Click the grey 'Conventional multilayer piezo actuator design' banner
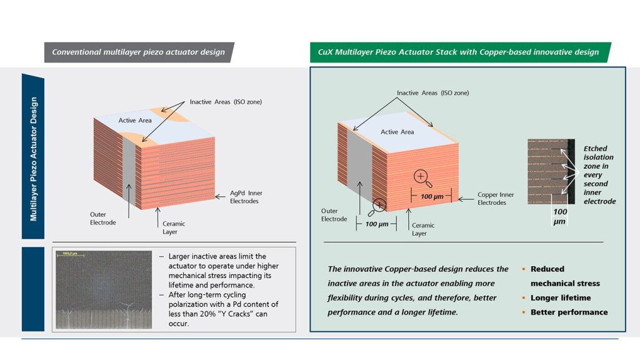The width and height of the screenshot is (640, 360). click(x=139, y=52)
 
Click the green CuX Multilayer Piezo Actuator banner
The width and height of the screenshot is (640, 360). click(x=461, y=52)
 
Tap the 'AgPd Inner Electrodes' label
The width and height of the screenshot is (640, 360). click(x=246, y=197)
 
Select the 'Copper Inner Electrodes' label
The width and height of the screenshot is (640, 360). click(x=496, y=198)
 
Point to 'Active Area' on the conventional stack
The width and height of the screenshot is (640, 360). click(x=135, y=121)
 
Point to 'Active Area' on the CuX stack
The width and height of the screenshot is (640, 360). click(x=397, y=132)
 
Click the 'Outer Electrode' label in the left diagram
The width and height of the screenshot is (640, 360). click(x=103, y=218)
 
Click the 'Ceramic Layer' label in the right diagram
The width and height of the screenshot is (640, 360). click(x=423, y=229)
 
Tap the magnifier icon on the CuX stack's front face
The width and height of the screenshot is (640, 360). click(x=422, y=178)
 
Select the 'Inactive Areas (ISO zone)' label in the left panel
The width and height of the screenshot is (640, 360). click(x=226, y=102)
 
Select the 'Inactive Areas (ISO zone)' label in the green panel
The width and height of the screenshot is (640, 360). click(x=432, y=92)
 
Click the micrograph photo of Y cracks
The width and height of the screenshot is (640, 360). click(x=104, y=290)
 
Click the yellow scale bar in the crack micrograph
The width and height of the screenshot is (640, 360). click(x=70, y=256)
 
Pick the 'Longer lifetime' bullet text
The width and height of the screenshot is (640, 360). click(x=561, y=297)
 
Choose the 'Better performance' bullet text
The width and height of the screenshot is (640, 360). click(x=569, y=312)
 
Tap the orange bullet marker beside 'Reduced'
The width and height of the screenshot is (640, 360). click(x=524, y=269)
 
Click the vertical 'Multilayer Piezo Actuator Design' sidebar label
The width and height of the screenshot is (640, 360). click(x=34, y=159)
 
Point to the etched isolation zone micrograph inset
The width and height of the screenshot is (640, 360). click(x=551, y=171)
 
